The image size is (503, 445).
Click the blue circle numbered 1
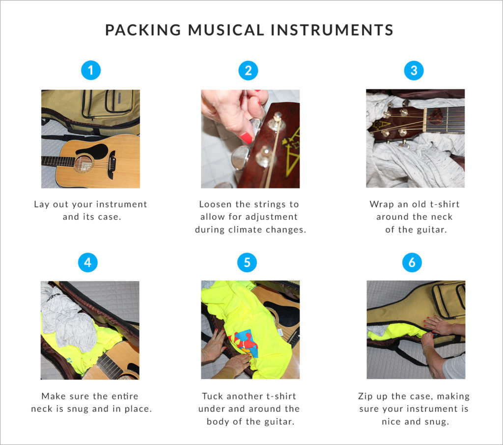coord(90,71)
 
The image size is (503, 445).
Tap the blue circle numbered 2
coord(249,71)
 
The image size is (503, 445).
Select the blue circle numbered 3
coord(414,71)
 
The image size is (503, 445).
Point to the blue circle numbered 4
coord(88,262)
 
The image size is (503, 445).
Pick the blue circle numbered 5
coord(247,262)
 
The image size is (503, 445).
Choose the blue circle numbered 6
coord(412,262)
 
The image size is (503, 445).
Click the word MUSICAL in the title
coord(221,30)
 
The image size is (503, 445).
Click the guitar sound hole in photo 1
coord(83,163)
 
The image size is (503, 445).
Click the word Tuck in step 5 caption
coord(212,396)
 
